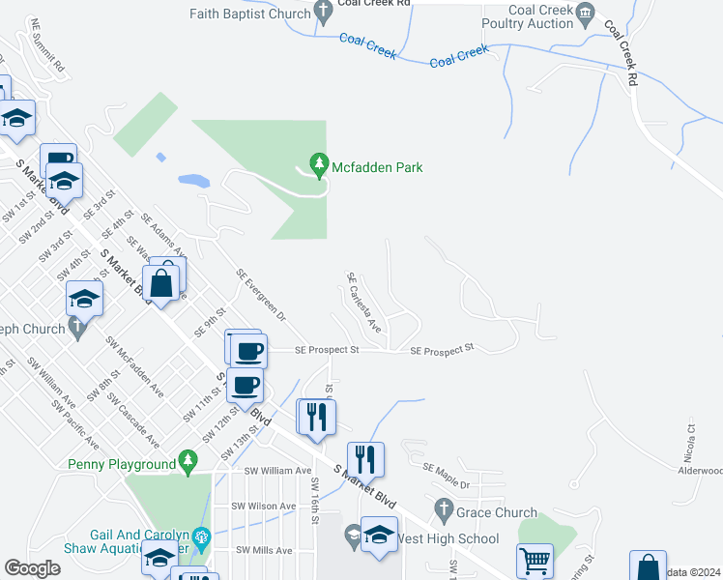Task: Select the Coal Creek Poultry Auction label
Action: tap(541, 16)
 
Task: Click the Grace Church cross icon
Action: tap(444, 507)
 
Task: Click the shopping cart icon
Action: tap(535, 562)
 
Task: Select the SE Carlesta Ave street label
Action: tap(364, 303)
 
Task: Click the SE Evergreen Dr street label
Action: tap(261, 295)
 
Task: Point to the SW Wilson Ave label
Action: tap(263, 506)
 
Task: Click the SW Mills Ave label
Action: tap(264, 550)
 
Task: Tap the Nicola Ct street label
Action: tap(691, 439)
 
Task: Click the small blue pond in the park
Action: tap(193, 180)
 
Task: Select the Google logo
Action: tap(32, 568)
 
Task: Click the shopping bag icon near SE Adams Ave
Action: tap(162, 283)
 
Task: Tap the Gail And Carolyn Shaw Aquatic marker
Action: tap(202, 536)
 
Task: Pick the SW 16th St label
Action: tap(315, 501)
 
